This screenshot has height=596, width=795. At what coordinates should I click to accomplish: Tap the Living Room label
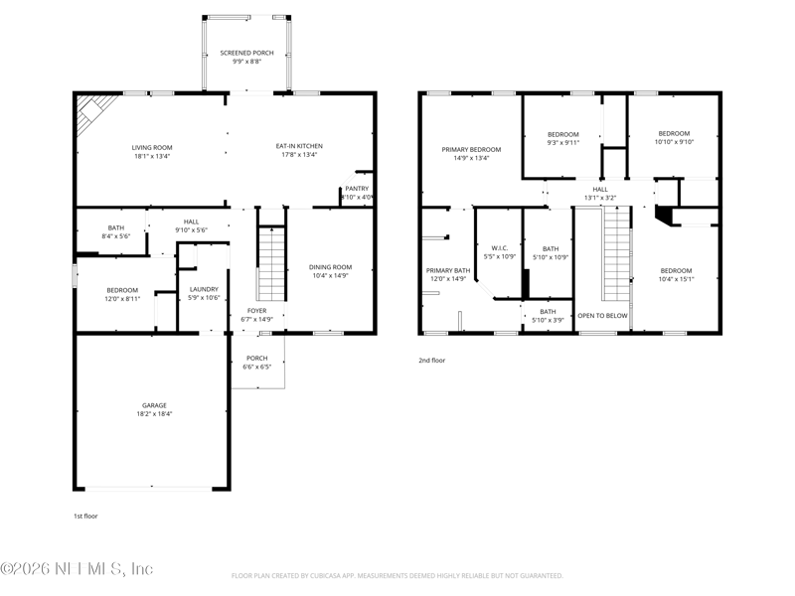click(151, 147)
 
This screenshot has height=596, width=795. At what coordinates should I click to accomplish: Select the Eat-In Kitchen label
click(299, 146)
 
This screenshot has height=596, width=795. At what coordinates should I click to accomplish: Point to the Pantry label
click(357, 188)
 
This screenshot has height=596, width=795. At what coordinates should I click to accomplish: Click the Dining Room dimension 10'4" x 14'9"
click(329, 276)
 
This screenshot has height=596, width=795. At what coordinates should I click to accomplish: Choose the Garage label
click(154, 405)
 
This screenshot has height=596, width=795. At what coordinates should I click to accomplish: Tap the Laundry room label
click(203, 290)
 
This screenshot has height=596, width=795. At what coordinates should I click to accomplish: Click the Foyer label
click(256, 310)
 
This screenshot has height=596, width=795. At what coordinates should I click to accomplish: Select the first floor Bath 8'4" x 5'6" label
click(88, 227)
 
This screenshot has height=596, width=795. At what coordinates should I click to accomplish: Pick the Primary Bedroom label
click(471, 149)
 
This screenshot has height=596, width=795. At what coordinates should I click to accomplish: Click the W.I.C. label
click(497, 248)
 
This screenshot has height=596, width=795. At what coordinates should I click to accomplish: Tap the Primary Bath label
click(447, 270)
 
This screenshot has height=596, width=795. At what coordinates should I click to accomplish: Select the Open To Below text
click(602, 315)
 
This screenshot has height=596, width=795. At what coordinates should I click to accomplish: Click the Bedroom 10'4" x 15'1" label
click(676, 270)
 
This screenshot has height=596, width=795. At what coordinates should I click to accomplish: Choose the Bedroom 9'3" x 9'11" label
click(562, 134)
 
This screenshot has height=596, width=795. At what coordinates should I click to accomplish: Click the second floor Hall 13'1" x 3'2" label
click(599, 189)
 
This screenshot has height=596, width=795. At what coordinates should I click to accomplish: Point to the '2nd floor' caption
click(431, 361)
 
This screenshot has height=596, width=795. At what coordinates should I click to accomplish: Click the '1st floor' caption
click(85, 516)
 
